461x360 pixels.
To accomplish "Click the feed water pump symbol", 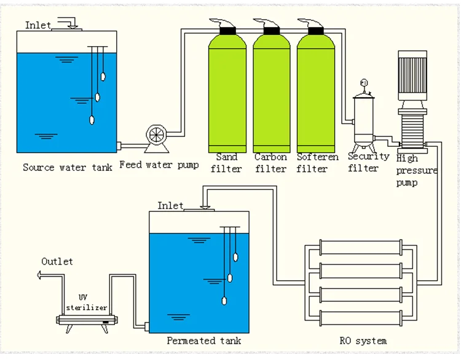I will click(x=157, y=136).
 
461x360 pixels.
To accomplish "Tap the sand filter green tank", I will click(x=227, y=92).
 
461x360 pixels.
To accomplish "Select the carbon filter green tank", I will click(x=271, y=92).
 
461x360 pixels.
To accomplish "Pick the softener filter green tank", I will click(x=315, y=92).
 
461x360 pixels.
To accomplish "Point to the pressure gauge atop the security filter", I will click(x=364, y=83).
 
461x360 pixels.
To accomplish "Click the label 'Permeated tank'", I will click(x=204, y=340).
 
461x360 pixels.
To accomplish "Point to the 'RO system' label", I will click(x=363, y=340).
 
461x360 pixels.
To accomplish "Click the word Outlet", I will click(x=57, y=262).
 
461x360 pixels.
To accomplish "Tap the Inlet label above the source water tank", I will click(x=38, y=25).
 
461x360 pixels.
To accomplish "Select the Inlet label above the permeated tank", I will click(x=170, y=205).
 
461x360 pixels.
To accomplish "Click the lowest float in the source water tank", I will click(x=92, y=120).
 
